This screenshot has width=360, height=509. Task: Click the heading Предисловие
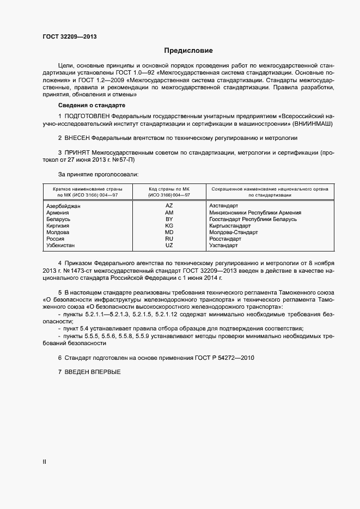[188, 51]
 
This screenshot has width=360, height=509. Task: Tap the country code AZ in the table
[169, 206]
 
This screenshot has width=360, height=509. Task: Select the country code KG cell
[169, 225]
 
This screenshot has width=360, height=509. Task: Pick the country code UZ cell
[169, 246]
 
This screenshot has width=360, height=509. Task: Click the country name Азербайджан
[64, 206]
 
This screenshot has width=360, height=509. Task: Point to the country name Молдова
[58, 232]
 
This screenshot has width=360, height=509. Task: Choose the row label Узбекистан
[62, 246]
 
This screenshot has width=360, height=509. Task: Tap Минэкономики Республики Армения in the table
[255, 212]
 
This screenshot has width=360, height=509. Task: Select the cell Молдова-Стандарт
[233, 232]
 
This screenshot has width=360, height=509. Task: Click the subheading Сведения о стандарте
[91, 105]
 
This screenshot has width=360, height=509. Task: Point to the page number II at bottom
[45, 462]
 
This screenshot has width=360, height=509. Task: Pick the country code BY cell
[169, 219]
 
